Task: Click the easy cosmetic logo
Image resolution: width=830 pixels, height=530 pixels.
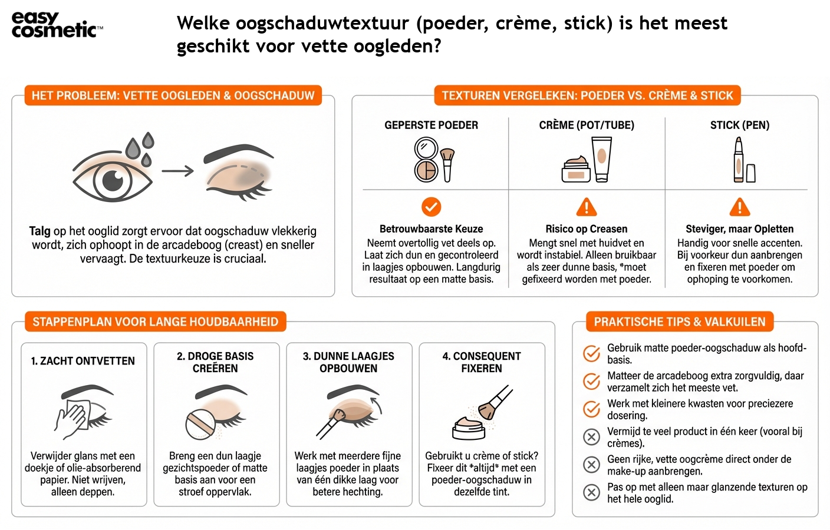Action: click(57, 25)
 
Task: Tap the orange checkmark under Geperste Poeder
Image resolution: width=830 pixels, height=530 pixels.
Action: click(431, 207)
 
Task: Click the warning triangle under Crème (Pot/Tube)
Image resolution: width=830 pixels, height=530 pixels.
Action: click(586, 207)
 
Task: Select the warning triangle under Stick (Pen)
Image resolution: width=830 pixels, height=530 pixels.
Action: click(739, 207)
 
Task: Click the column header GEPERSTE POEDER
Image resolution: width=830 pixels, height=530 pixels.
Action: click(431, 125)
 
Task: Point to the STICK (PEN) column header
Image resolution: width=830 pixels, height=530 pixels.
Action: click(739, 125)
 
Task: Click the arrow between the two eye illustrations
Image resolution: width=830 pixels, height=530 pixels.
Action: click(177, 171)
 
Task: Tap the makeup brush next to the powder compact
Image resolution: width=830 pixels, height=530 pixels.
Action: click(447, 164)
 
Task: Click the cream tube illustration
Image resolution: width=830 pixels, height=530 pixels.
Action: click(601, 158)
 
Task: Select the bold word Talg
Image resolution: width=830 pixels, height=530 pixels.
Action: click(39, 231)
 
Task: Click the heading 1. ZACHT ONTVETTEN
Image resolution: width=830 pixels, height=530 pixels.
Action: click(83, 361)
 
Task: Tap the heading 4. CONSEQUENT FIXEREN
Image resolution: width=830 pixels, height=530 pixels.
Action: click(482, 362)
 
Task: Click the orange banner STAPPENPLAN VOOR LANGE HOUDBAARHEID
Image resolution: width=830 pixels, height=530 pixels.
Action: click(155, 322)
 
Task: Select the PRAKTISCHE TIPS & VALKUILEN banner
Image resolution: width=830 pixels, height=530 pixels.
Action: click(679, 322)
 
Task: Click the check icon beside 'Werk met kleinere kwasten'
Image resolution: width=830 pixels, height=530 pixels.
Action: click(591, 409)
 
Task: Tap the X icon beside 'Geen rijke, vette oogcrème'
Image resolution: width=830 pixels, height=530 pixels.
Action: click(591, 465)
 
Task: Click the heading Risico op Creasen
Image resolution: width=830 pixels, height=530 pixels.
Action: click(586, 229)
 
